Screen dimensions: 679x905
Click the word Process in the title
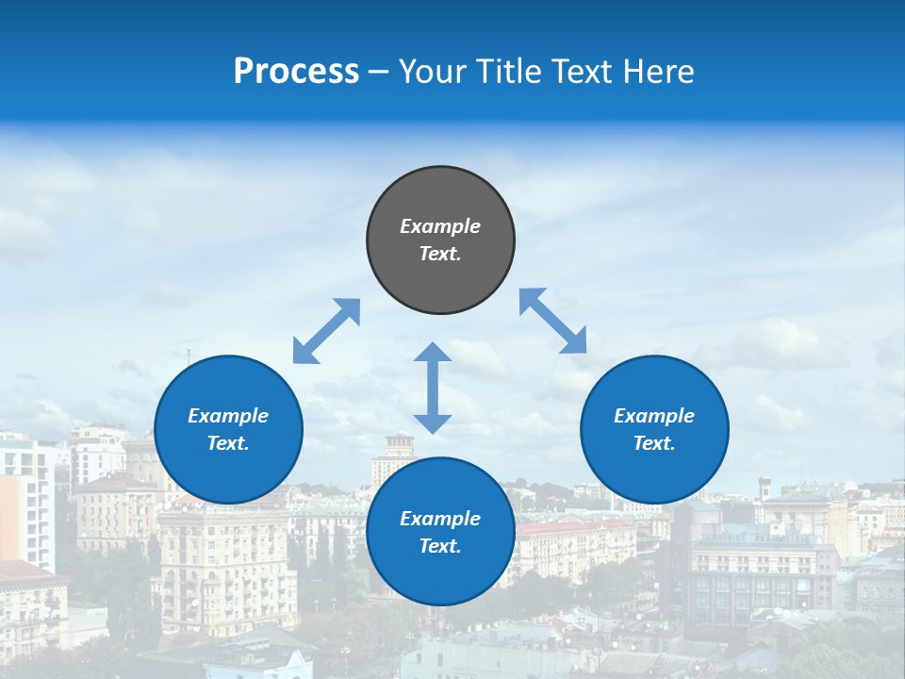click(x=296, y=72)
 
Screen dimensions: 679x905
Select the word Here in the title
click(x=659, y=72)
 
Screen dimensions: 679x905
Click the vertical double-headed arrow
click(x=433, y=388)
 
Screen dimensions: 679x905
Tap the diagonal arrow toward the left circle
click(x=326, y=331)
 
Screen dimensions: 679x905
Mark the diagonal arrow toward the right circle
click(x=553, y=321)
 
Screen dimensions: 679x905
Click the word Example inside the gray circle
click(x=440, y=226)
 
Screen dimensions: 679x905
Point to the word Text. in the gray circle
click(x=440, y=254)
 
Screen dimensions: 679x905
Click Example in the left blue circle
click(x=228, y=416)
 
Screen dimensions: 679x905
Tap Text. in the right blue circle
click(x=654, y=443)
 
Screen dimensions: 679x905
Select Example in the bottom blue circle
click(x=440, y=519)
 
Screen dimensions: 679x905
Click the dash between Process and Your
click(x=379, y=72)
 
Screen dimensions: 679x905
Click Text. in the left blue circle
click(x=228, y=443)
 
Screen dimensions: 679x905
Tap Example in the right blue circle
click(x=654, y=416)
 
